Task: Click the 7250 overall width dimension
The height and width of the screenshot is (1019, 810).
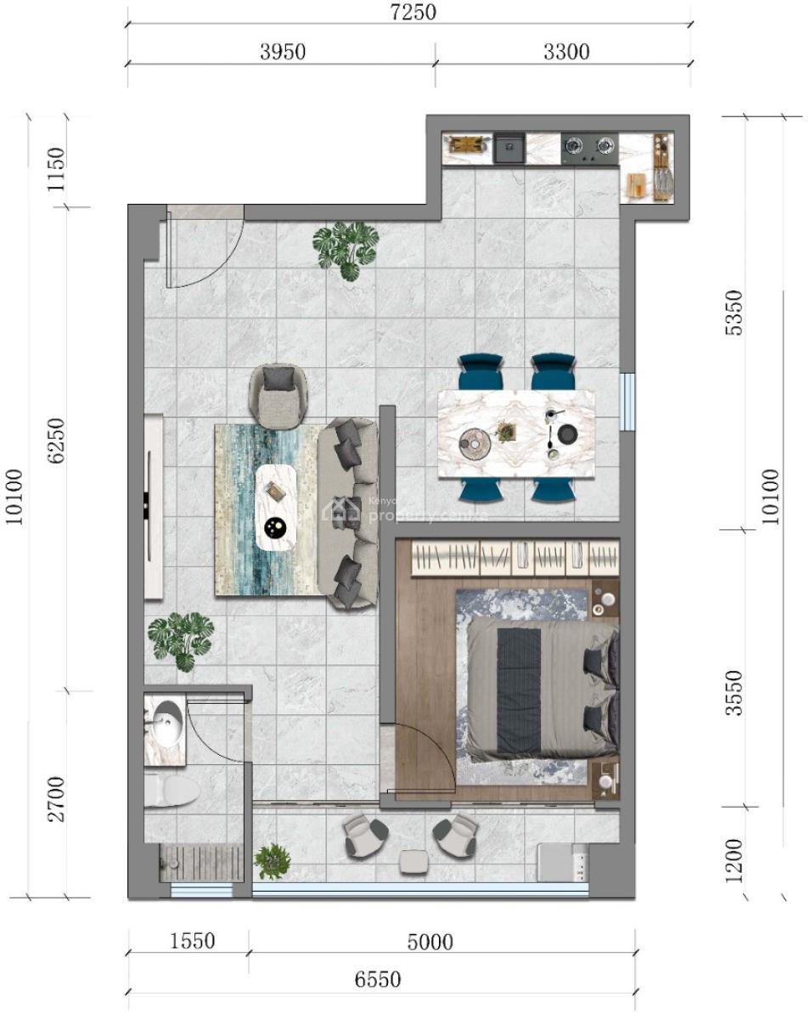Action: (408, 13)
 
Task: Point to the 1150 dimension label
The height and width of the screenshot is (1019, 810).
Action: (55, 169)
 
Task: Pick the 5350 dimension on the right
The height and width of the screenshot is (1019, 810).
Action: (734, 312)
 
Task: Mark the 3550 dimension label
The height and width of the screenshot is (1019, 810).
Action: (734, 692)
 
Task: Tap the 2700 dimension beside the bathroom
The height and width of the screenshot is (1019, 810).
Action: (55, 797)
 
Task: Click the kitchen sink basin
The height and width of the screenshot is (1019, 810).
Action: (509, 149)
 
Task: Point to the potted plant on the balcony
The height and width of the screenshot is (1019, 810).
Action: (272, 860)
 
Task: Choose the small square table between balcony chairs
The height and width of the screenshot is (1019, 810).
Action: (413, 861)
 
